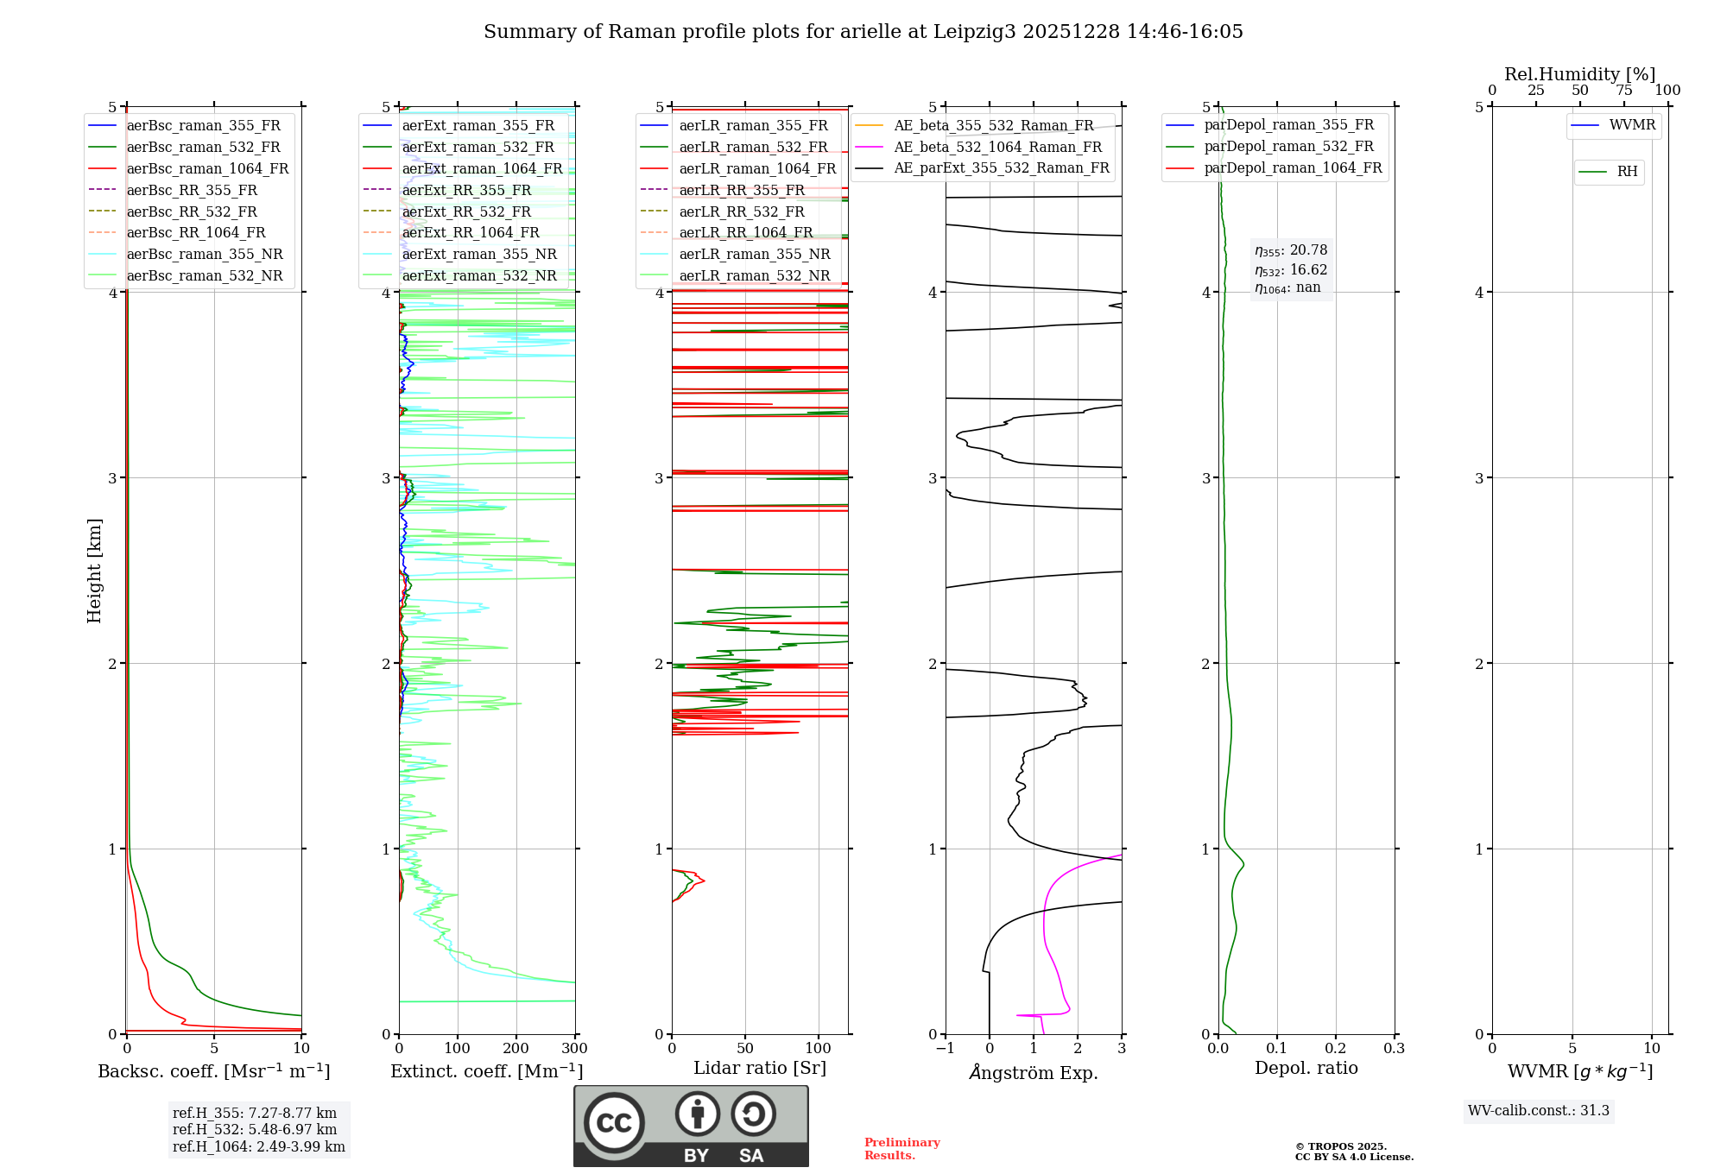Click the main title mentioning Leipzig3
click(x=863, y=32)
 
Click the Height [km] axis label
click(x=94, y=571)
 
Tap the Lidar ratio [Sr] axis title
click(x=759, y=1068)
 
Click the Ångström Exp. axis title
click(x=1033, y=1072)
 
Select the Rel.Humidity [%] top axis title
click(x=1579, y=74)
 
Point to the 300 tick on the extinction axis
click(x=574, y=1049)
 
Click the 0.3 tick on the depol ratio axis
click(x=1394, y=1049)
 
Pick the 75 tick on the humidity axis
click(x=1623, y=91)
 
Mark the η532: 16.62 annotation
click(x=1291, y=270)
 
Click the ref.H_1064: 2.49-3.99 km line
click(x=258, y=1146)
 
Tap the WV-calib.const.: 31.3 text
click(x=1538, y=1110)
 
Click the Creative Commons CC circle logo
click(x=614, y=1122)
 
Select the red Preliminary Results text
click(x=901, y=1149)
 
